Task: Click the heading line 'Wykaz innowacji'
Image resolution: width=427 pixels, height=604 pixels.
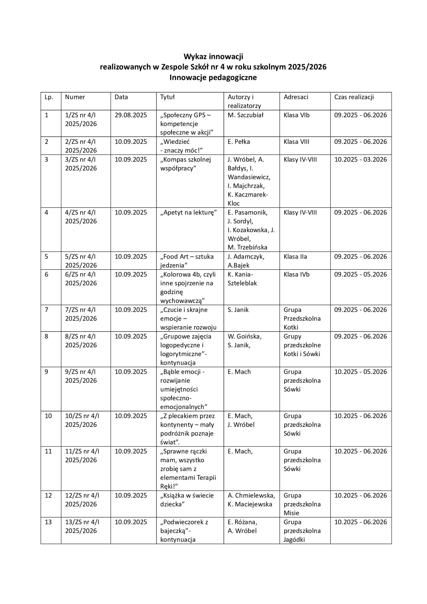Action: pyautogui.click(x=213, y=57)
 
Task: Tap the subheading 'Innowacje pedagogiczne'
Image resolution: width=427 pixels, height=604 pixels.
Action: pyautogui.click(x=213, y=77)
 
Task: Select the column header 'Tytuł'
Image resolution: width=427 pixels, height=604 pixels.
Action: pyautogui.click(x=167, y=97)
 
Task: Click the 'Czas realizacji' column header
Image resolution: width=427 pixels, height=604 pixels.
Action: pyautogui.click(x=354, y=97)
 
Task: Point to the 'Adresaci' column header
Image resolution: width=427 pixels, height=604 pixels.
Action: pyautogui.click(x=296, y=97)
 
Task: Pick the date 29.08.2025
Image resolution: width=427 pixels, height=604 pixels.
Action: pyautogui.click(x=130, y=115)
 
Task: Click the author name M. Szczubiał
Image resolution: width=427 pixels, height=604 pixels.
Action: pyautogui.click(x=245, y=115)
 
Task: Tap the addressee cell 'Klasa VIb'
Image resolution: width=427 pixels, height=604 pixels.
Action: pyautogui.click(x=297, y=115)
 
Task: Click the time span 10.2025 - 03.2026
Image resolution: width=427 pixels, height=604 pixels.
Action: pyautogui.click(x=360, y=159)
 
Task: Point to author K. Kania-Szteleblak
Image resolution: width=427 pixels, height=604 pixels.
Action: pyautogui.click(x=242, y=279)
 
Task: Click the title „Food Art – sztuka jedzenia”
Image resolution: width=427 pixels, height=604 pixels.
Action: pyautogui.click(x=187, y=261)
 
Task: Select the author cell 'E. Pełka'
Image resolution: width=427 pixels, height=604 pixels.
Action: pyautogui.click(x=239, y=142)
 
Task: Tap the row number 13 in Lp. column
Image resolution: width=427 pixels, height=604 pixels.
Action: pyautogui.click(x=48, y=522)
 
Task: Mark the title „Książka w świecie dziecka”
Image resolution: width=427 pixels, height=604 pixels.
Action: pyautogui.click(x=187, y=500)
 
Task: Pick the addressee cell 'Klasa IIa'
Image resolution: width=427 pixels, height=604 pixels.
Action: pyautogui.click(x=295, y=257)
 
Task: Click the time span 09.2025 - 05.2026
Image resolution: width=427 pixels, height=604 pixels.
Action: pyautogui.click(x=360, y=274)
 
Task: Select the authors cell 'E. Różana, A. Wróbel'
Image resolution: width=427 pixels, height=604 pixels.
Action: pyautogui.click(x=242, y=527)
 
